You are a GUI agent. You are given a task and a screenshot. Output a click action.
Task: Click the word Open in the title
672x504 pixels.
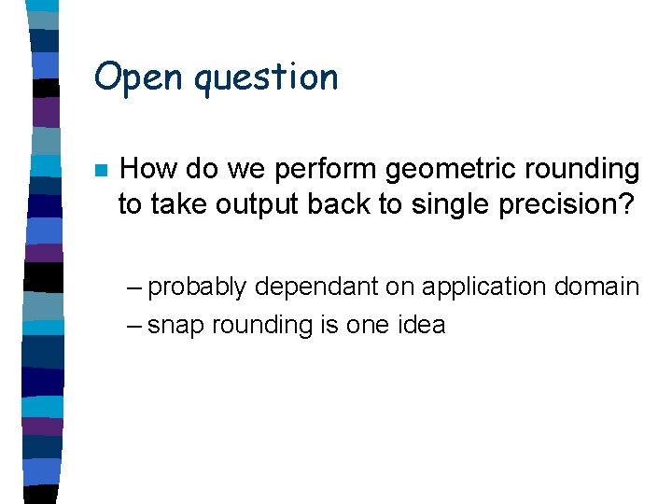pos(139,77)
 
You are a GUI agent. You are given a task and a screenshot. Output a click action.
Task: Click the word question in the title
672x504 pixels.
pos(266,79)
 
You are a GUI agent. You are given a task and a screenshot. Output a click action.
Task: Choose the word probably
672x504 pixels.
pos(198,287)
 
